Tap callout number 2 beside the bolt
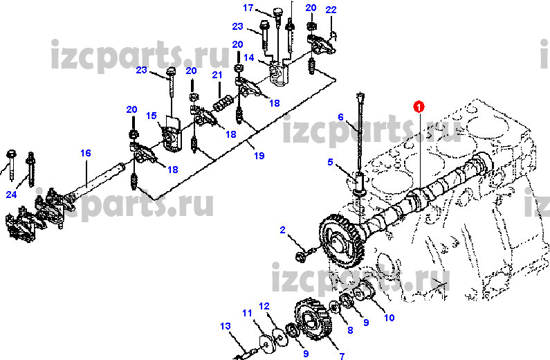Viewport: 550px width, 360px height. (282, 230)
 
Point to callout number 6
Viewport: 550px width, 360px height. (340, 116)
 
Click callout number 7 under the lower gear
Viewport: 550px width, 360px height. (341, 357)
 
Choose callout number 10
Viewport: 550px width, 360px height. (389, 318)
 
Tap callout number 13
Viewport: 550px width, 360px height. (225, 325)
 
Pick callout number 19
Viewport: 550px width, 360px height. (259, 156)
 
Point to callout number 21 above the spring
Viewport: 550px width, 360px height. (217, 75)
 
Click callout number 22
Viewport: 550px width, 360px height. (331, 9)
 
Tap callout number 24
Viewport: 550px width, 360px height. (11, 195)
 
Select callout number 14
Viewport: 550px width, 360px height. (249, 57)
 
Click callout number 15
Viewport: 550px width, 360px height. (152, 116)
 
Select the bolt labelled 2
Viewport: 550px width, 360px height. (302, 258)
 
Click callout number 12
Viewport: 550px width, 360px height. (264, 306)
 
